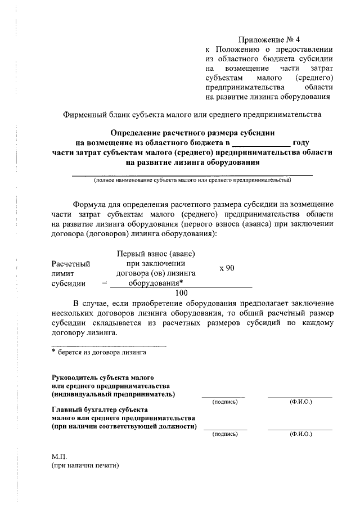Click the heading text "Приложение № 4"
[269, 40]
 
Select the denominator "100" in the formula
[182, 292]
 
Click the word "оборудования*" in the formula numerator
[156, 283]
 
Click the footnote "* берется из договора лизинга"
[99, 353]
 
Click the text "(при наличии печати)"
[85, 466]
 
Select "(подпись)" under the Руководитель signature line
[225, 402]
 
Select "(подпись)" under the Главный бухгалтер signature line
[225, 434]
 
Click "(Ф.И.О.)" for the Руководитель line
[300, 402]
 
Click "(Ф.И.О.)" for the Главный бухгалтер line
[300, 434]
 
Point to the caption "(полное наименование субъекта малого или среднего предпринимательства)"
[192, 181]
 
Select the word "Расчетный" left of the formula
[70, 263]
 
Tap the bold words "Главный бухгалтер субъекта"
[99, 409]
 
